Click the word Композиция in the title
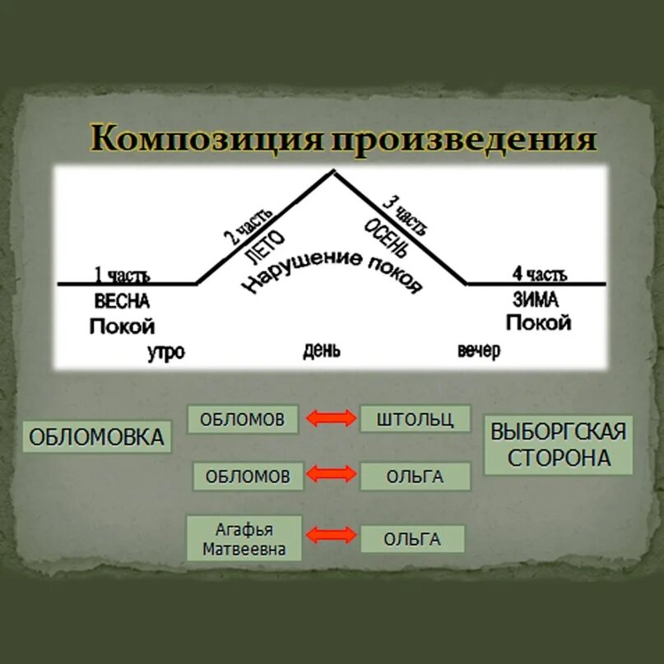(206, 139)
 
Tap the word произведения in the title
(463, 139)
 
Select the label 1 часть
(122, 275)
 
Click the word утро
(165, 352)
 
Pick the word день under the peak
(321, 351)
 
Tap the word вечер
(478, 351)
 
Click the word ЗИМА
(535, 299)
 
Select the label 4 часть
(540, 274)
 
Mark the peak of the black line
(332, 171)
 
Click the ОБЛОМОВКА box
(96, 437)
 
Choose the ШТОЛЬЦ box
(415, 419)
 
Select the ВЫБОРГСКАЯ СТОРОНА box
(559, 444)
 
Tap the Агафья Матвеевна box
(244, 538)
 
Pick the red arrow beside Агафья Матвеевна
(331, 536)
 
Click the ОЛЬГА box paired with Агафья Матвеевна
(412, 540)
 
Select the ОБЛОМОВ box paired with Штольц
(244, 419)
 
